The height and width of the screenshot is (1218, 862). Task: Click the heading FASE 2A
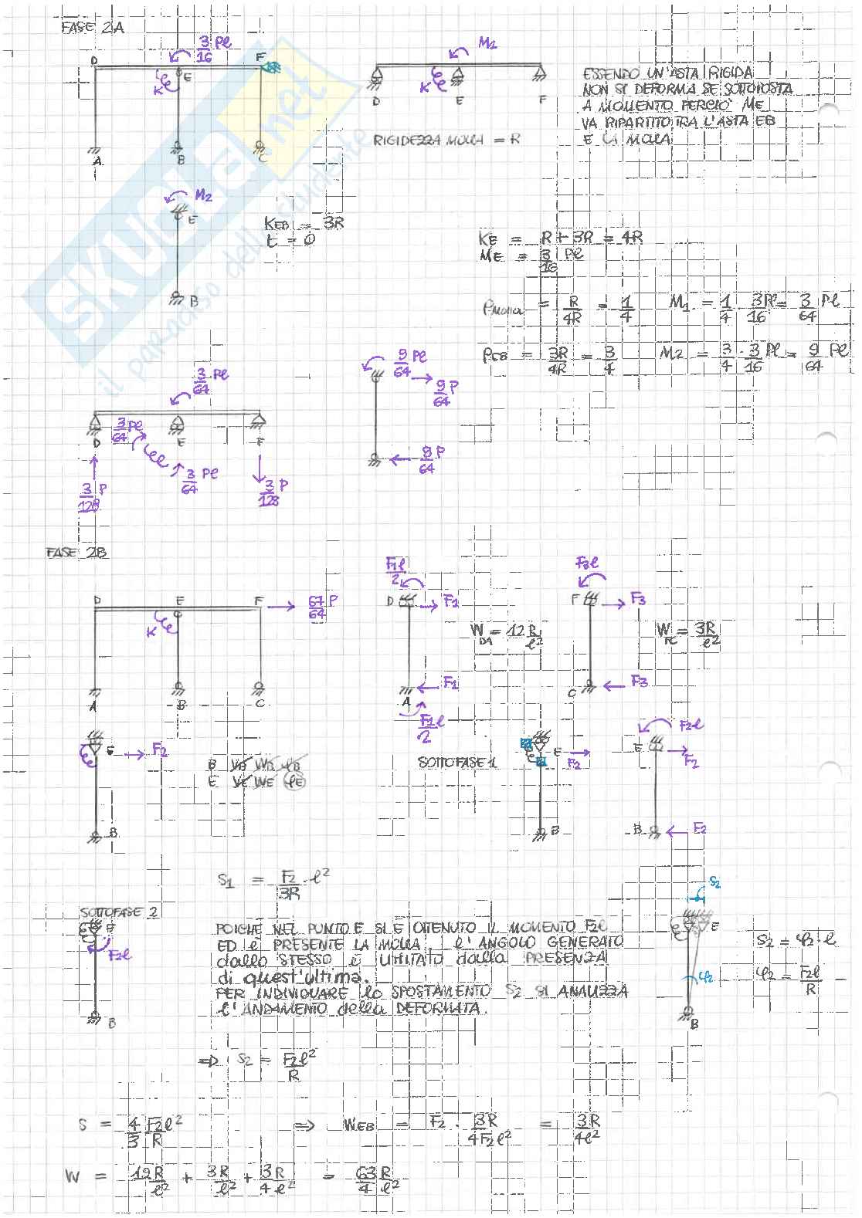pos(92,28)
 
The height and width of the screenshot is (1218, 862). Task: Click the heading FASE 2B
pos(76,553)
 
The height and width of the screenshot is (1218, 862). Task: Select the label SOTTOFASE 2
pos(119,912)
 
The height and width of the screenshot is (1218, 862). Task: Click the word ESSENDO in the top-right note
pos(611,74)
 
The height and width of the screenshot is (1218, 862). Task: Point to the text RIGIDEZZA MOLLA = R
pos(446,141)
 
